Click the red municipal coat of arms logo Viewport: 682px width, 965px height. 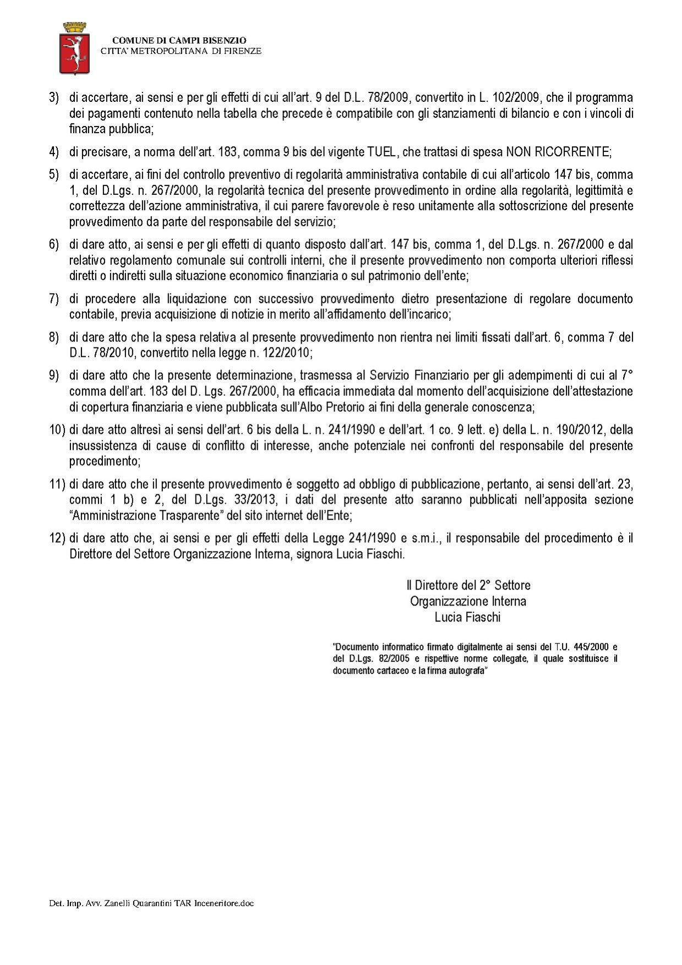coord(74,48)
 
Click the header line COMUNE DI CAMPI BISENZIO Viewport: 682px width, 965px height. coord(179,40)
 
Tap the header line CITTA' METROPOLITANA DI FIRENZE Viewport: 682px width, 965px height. coord(181,51)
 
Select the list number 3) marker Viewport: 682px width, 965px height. coord(54,98)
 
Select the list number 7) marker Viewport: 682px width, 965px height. coord(54,299)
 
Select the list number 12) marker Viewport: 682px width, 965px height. coord(57,538)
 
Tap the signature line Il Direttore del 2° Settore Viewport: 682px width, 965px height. coord(468,585)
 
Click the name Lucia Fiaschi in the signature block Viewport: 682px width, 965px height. coord(467,617)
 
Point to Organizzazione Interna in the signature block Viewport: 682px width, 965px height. coord(468,601)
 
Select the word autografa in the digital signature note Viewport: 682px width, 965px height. coord(468,672)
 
